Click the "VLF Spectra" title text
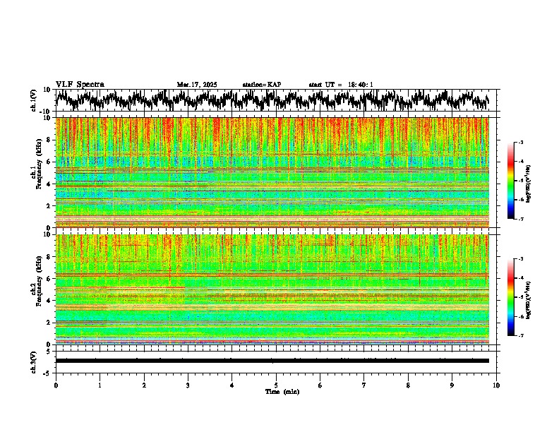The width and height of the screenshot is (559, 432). [x=80, y=84]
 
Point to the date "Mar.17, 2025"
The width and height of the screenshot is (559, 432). [x=197, y=85]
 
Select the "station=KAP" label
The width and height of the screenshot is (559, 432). [x=261, y=85]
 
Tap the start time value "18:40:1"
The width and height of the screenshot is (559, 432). [x=360, y=85]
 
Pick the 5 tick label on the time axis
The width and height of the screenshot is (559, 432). [x=276, y=385]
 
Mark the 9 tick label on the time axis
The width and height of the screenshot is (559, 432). [x=452, y=385]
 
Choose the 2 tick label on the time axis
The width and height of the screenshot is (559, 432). [x=144, y=385]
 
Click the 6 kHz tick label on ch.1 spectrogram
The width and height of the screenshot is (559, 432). [x=49, y=162]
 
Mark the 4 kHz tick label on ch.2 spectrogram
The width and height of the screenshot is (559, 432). [x=49, y=300]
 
